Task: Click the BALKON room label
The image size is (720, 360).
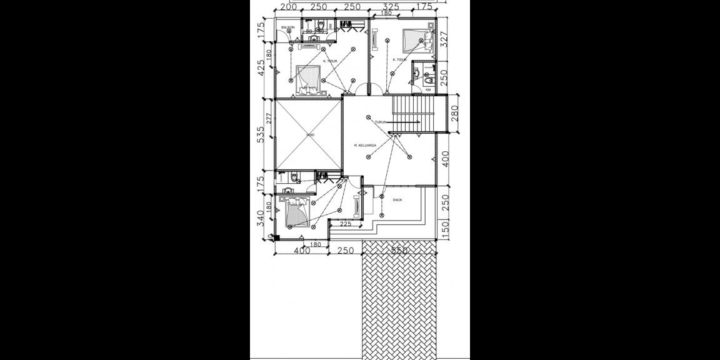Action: click(x=287, y=27)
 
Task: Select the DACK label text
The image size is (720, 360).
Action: click(x=397, y=200)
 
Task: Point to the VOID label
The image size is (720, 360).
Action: click(x=310, y=135)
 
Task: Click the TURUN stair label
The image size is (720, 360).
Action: click(x=382, y=122)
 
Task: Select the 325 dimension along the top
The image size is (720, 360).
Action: click(x=391, y=7)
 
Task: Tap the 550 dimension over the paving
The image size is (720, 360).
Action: click(x=399, y=250)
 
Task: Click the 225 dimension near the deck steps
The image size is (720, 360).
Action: click(x=344, y=223)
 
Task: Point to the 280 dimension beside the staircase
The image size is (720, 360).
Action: click(x=454, y=114)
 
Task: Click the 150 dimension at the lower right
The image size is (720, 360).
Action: click(x=444, y=229)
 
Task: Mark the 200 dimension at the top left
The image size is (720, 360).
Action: click(x=287, y=7)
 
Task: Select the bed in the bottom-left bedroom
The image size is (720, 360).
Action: click(x=298, y=212)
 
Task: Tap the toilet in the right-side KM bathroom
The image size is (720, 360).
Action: click(x=429, y=80)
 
